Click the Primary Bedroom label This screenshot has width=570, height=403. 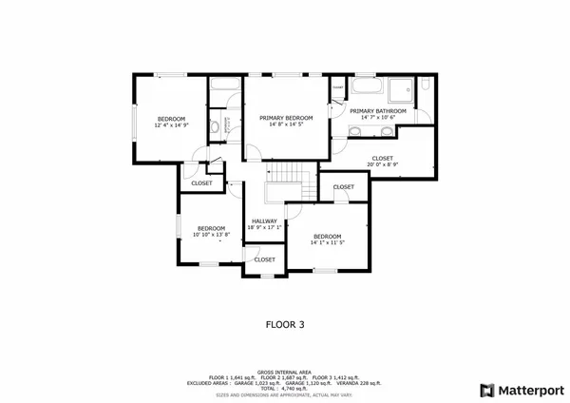click(287, 116)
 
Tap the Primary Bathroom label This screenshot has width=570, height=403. click(377, 111)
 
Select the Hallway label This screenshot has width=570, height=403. click(264, 221)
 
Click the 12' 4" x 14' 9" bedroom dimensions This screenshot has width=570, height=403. click(171, 124)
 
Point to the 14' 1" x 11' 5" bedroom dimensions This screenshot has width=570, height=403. click(326, 243)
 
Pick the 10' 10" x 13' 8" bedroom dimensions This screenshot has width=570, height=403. click(211, 235)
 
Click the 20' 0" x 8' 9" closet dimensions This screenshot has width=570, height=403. click(382, 165)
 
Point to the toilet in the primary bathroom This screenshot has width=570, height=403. click(425, 89)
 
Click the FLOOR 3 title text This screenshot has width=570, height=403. click(284, 324)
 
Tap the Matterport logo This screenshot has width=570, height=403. click(521, 390)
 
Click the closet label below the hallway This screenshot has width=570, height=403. click(264, 259)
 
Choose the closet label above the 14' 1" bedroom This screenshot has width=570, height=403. click(343, 187)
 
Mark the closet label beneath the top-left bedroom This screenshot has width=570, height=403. click(201, 182)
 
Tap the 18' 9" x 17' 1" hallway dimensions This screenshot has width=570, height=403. click(264, 227)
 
